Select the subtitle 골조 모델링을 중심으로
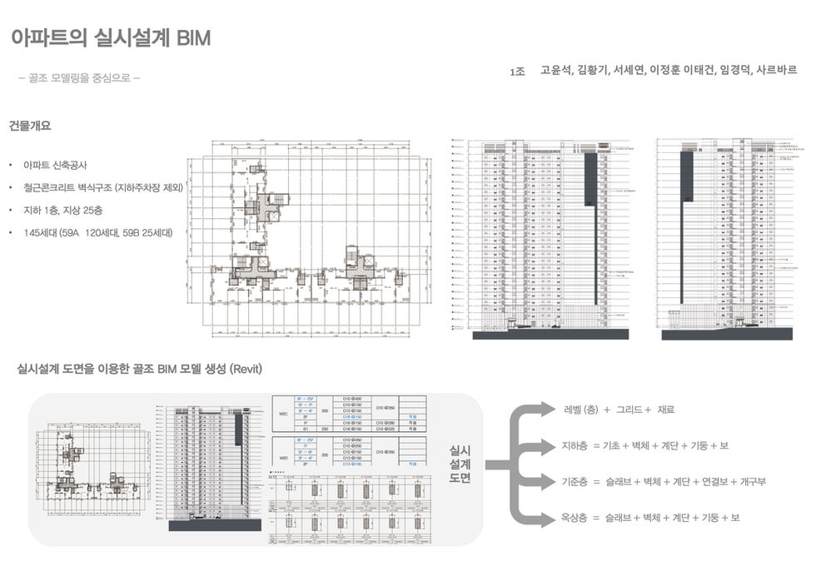click(78, 78)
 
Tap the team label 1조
click(517, 72)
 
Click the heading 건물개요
click(30, 127)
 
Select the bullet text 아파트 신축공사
click(55, 166)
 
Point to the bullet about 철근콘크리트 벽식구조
click(103, 188)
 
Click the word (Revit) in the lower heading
click(246, 369)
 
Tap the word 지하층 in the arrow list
click(575, 446)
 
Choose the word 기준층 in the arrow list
click(575, 482)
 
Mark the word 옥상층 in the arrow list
click(575, 518)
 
